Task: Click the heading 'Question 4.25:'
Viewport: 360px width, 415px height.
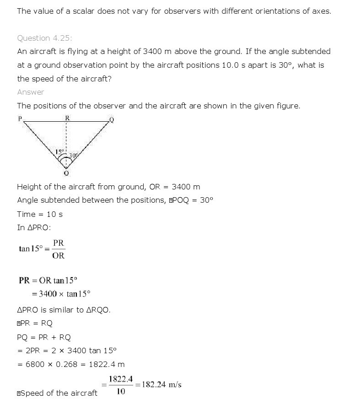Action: coord(44,38)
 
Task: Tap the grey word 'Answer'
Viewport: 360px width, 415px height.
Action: coord(31,92)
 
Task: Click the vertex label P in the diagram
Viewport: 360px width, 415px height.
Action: coord(20,119)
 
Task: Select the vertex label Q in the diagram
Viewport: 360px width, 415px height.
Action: coord(112,120)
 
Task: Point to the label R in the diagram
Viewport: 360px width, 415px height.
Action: coord(67,118)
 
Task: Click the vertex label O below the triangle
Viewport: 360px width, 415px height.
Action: coord(66,173)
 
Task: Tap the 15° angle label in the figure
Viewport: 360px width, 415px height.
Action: coord(59,151)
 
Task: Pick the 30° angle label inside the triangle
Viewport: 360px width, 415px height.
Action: coord(73,156)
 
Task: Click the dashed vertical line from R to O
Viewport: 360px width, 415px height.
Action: coord(67,137)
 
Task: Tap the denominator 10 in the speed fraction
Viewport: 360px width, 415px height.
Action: coord(121,392)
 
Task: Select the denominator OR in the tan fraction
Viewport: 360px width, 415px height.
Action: coord(59,256)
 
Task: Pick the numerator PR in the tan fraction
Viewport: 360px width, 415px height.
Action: coord(59,243)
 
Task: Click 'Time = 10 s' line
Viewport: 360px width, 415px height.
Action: coord(40,214)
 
